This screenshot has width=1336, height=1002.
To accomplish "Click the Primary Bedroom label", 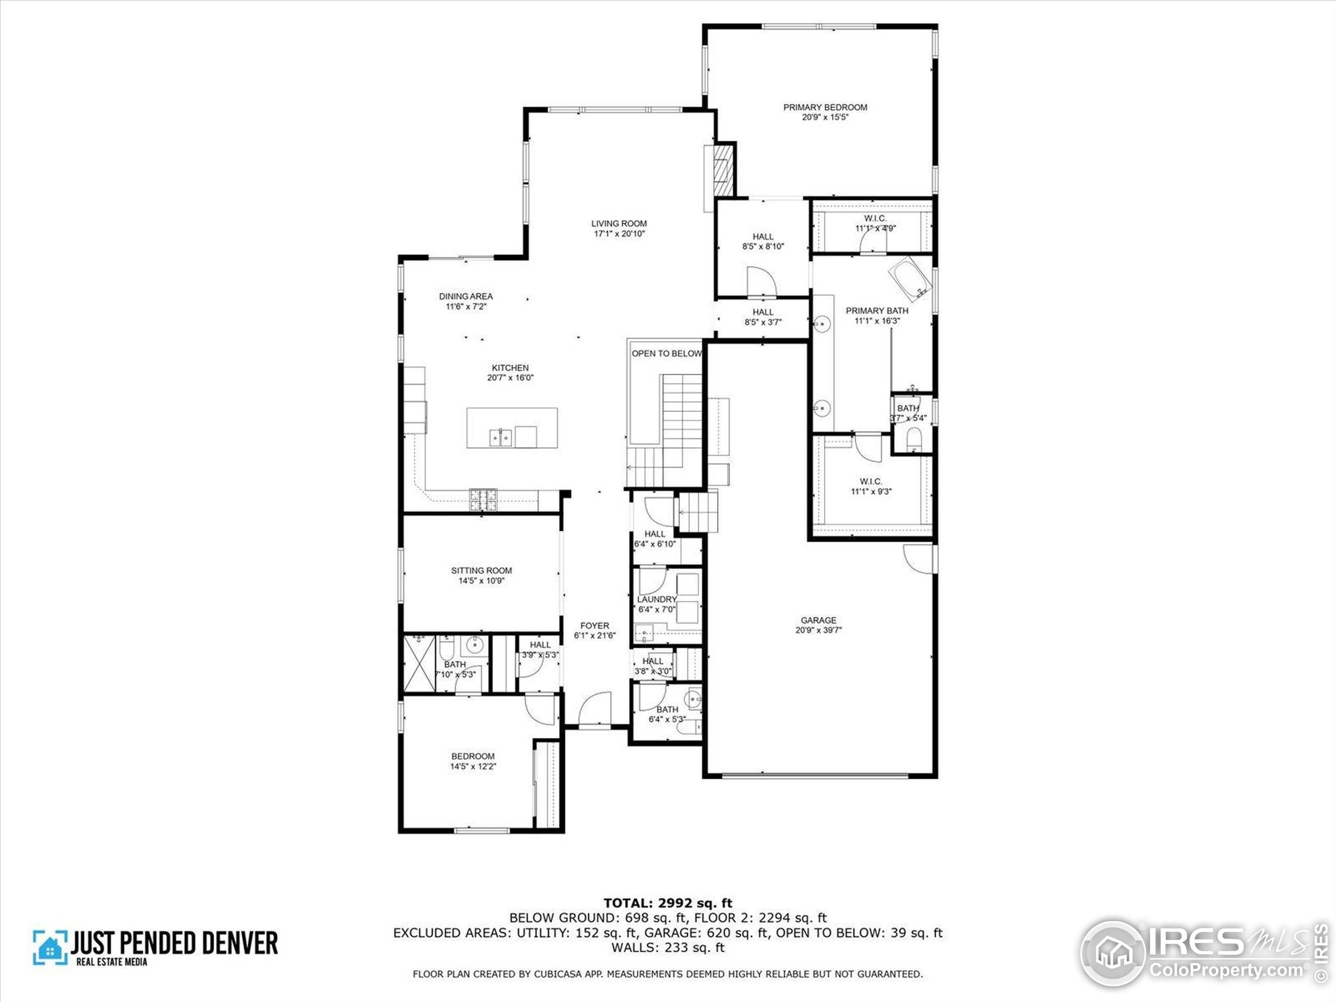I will [x=825, y=107].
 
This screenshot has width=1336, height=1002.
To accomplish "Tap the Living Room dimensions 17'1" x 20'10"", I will [x=618, y=234].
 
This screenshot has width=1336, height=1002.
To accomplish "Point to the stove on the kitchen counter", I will [x=483, y=499].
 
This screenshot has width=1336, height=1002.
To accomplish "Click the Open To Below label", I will [x=666, y=353].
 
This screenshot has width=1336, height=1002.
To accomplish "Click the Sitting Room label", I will [x=481, y=570].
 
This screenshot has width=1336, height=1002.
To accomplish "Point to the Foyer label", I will [x=594, y=626].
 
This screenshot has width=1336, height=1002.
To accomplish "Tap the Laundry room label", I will [x=657, y=599].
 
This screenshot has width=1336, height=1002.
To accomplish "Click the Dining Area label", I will [x=466, y=296].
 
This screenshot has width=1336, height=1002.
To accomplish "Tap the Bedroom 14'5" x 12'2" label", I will [x=473, y=756].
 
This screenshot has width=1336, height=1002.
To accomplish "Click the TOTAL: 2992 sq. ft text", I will [x=667, y=903].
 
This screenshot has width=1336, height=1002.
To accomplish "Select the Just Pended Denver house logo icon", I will [x=50, y=947].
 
